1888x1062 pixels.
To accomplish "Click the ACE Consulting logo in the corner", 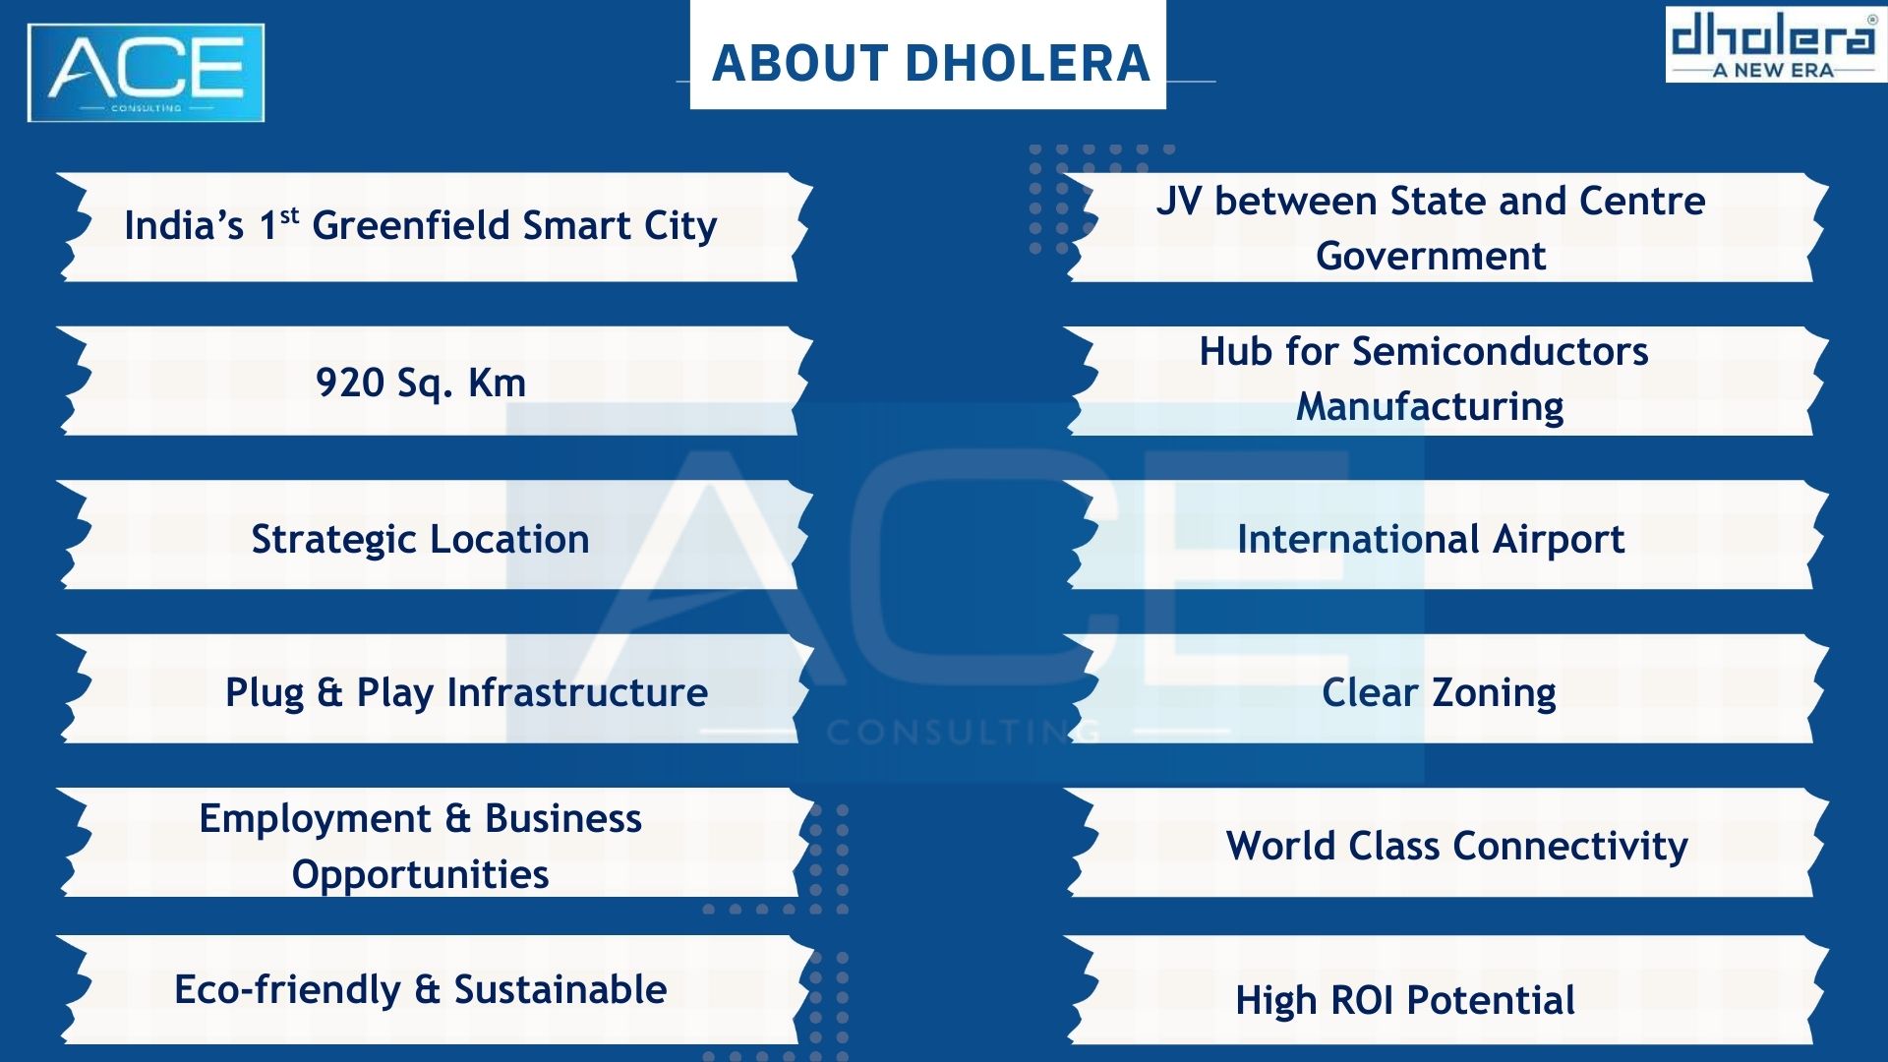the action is [147, 73].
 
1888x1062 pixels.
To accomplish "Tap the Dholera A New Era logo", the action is [1774, 45].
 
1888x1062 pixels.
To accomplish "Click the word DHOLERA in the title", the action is [1028, 63].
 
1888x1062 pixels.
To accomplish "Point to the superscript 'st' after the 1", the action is [289, 215].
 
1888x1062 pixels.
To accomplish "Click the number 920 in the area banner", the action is [349, 383].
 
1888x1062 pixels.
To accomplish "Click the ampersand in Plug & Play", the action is [329, 693].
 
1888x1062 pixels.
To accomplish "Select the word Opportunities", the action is [421, 875].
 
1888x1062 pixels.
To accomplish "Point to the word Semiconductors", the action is [1501, 352].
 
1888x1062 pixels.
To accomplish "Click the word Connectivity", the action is [1570, 847].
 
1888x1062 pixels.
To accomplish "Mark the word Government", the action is [1431, 257].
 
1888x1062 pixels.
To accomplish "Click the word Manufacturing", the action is [1430, 407].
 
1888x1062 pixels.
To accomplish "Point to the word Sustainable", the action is [560, 990].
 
